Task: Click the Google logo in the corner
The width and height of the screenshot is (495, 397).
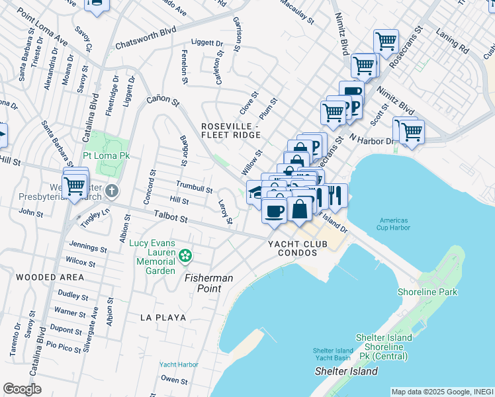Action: click(x=22, y=389)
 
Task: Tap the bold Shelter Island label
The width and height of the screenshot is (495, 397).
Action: click(x=346, y=371)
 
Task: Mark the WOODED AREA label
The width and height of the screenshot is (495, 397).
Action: click(x=50, y=277)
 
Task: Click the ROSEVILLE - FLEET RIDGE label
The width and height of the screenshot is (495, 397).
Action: click(x=232, y=130)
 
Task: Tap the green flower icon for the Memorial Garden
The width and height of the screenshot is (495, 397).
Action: click(x=186, y=255)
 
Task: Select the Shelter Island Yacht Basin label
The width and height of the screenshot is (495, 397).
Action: click(x=332, y=354)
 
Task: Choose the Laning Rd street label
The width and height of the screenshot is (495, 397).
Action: click(x=453, y=40)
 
